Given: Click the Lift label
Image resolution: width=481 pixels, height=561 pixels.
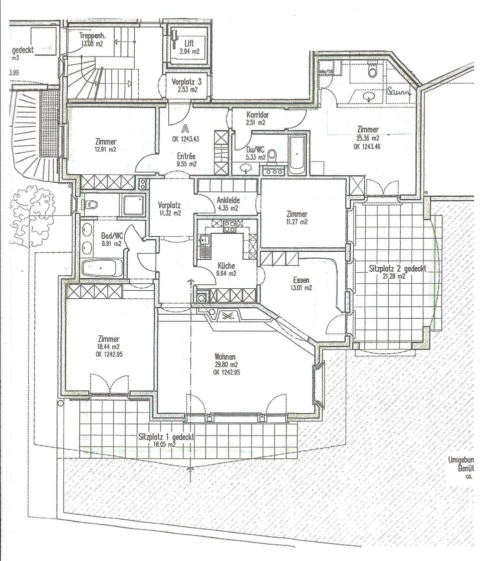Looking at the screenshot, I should [x=189, y=44].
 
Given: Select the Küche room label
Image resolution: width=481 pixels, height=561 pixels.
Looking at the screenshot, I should [x=226, y=266].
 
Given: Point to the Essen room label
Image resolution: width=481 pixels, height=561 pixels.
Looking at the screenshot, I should [x=301, y=280].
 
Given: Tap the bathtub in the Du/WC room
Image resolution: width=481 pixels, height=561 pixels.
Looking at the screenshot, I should [x=297, y=154].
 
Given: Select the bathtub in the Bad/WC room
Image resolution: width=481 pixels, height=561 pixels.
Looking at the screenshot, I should [x=102, y=268].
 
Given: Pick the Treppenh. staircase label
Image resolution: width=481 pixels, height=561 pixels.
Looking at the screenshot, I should [x=92, y=36].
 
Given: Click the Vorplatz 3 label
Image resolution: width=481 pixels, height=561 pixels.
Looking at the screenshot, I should [x=187, y=81].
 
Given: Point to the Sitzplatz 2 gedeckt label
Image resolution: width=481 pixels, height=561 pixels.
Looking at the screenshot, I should [x=397, y=268].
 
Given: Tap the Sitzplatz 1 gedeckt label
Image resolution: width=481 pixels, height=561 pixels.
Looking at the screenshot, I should [x=166, y=437].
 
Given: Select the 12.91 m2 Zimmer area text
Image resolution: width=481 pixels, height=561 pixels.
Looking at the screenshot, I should [x=105, y=149].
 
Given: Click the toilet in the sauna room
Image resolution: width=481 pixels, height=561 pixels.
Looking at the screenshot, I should [x=372, y=71].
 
